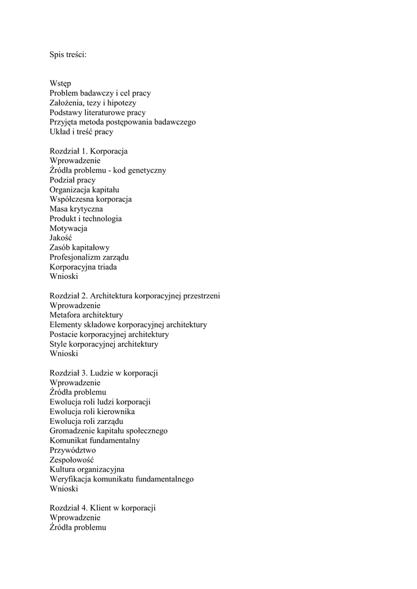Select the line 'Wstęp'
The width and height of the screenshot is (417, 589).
[60, 84]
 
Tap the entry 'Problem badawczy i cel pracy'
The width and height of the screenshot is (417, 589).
[100, 93]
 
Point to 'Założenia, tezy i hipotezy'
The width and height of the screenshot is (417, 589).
[93, 103]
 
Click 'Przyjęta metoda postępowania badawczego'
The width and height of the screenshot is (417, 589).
[123, 122]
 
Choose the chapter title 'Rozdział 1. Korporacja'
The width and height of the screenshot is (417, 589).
[89, 151]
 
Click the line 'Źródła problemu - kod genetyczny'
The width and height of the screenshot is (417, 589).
[108, 170]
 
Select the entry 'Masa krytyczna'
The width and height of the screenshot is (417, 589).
[76, 209]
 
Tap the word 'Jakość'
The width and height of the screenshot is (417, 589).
[61, 238]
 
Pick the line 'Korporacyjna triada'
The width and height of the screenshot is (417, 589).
[84, 267]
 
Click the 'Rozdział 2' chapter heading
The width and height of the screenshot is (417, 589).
[135, 296]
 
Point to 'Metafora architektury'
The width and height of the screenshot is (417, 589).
[86, 315]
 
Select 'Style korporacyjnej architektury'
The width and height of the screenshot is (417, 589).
[104, 344]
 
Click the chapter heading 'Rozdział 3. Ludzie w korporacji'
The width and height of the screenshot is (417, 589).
[104, 373]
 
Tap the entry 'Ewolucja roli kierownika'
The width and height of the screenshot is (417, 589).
[92, 412]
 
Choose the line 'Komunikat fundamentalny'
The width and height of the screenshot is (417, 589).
[94, 441]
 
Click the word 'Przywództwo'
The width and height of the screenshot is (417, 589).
[73, 450]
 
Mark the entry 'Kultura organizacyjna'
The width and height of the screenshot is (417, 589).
[87, 469]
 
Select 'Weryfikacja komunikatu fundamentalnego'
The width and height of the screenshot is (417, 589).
[122, 479]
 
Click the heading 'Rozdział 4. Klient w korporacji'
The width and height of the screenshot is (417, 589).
[103, 508]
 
